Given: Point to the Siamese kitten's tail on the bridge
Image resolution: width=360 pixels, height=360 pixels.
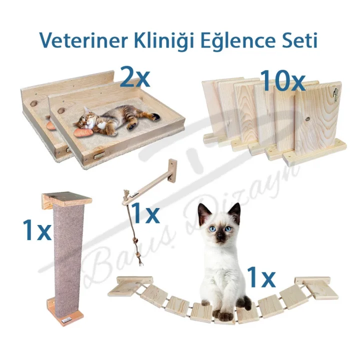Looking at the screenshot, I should click(x=245, y=302).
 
